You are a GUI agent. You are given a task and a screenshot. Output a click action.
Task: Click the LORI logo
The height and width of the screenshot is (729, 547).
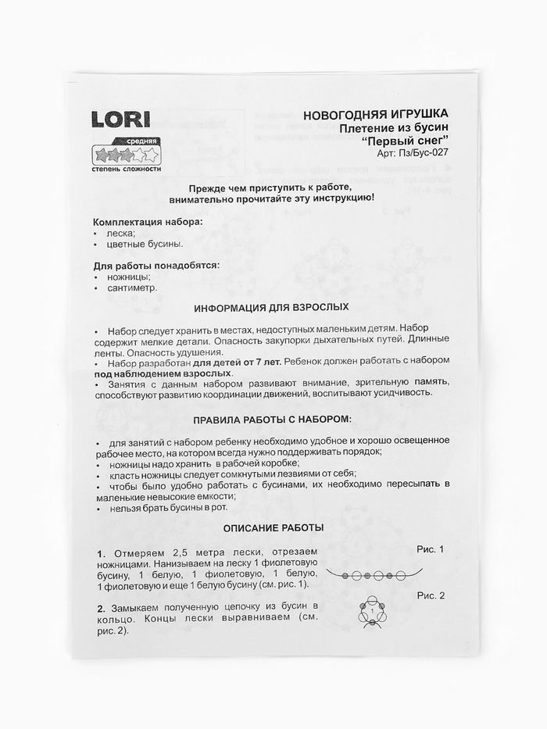[x=122, y=120]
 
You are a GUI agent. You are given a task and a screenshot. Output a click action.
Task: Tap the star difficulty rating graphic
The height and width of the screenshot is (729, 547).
[x=126, y=154]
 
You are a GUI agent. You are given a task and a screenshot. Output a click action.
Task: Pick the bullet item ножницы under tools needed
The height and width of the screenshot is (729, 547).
[x=130, y=277]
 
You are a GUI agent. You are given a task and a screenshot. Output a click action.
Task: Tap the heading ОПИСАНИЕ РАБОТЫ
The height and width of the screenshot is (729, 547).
[x=273, y=527]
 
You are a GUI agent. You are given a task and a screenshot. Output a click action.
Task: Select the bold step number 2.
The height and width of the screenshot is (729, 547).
[x=102, y=607]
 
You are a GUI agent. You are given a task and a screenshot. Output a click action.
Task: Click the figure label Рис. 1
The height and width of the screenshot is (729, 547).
[x=430, y=549]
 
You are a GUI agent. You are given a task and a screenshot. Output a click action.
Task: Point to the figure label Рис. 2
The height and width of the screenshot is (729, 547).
[x=430, y=595]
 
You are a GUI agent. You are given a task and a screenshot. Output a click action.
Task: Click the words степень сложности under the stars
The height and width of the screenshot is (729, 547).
[x=127, y=169]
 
